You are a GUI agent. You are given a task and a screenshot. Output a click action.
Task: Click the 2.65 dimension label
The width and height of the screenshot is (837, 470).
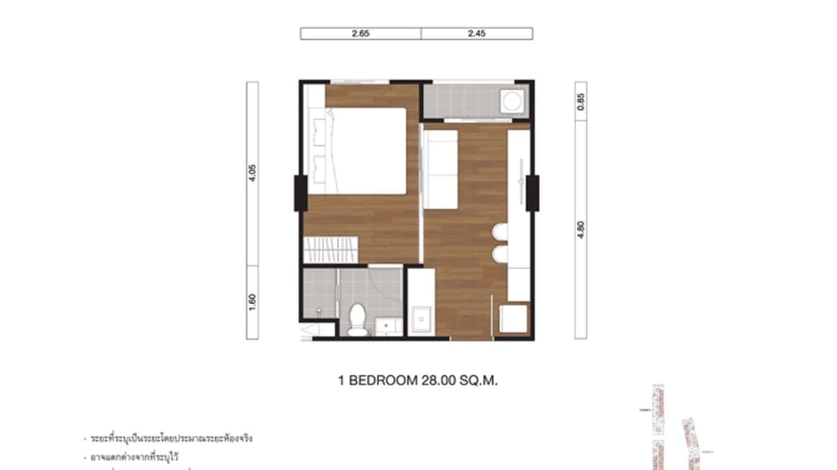pos(360,34)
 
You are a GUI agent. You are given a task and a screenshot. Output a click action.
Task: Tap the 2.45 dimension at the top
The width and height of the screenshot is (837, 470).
pos(477,34)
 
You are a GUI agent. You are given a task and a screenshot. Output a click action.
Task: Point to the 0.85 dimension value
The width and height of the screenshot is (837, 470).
pos(581,102)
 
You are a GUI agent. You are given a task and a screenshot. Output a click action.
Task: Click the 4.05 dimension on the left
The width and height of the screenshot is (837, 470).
pos(252,173)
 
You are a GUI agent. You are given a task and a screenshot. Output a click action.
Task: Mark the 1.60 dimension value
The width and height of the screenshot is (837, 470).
pos(252,302)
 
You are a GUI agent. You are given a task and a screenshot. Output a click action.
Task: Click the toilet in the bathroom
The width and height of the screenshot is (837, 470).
pos(357,319)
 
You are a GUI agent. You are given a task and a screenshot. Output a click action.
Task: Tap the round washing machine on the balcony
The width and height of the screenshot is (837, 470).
pos(513,100)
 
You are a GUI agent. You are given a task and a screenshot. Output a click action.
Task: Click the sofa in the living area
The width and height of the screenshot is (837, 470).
pos(440,166)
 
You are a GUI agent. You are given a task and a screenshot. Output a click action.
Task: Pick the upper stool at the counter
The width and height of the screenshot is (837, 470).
pos(500,232)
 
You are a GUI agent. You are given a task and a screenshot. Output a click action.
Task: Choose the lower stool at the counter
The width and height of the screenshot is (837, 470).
pos(500,254)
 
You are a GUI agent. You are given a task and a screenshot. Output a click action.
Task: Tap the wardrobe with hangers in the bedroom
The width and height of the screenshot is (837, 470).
pos(331,249)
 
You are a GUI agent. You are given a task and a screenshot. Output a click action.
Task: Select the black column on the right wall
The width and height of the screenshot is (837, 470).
pos(532,193)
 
